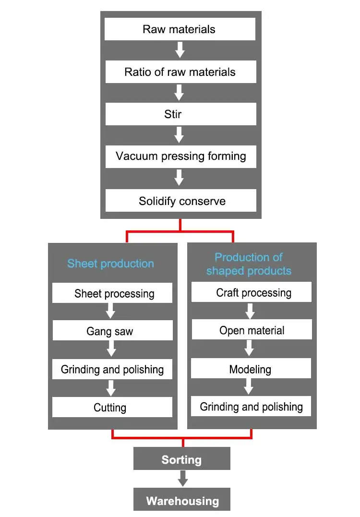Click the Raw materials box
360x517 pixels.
click(x=180, y=29)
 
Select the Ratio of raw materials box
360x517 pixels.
click(x=180, y=72)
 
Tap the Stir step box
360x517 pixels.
click(x=180, y=114)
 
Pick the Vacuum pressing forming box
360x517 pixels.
click(x=180, y=156)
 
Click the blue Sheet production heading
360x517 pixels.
click(x=110, y=264)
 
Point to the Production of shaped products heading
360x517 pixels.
click(x=249, y=264)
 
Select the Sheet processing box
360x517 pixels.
click(x=112, y=293)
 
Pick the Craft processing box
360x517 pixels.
click(x=252, y=292)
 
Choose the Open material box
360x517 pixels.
click(x=252, y=330)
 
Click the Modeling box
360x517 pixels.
click(x=251, y=369)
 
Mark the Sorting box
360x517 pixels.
click(x=181, y=459)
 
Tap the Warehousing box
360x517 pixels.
click(x=182, y=501)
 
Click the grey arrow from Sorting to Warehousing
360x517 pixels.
click(x=182, y=478)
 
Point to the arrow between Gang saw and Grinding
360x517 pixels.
click(x=111, y=349)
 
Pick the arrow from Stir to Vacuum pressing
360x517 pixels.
click(x=180, y=135)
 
